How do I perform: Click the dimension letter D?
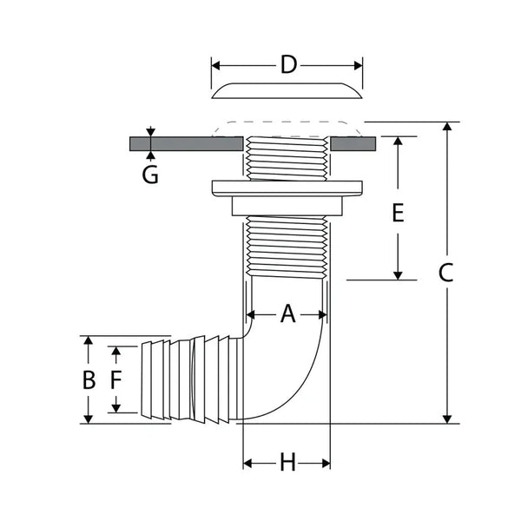point(288,64)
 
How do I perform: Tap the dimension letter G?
point(150,175)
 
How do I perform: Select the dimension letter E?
point(398,212)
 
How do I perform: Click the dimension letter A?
point(287,314)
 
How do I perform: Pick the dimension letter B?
point(88,380)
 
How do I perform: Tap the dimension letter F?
point(116,379)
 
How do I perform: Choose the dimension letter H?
point(287,464)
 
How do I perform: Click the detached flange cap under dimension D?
point(287,90)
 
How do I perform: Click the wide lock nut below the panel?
point(287,186)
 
